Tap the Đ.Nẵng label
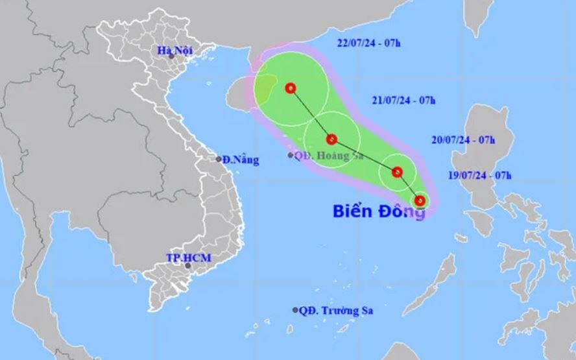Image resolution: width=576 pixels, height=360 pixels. [x=240, y=160]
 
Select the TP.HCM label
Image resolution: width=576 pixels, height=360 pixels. [x=190, y=258]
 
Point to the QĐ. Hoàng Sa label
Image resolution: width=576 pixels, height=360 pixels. [x=328, y=156]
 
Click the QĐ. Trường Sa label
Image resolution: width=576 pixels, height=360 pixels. [x=336, y=311]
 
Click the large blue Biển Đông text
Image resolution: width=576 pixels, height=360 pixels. [x=379, y=211]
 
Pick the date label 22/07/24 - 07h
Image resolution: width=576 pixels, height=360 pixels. [x=368, y=43]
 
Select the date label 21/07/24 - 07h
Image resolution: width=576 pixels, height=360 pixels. [x=403, y=100]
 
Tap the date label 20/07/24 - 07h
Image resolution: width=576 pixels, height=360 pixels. [x=463, y=139]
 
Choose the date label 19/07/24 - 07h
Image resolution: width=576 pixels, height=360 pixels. [x=480, y=175]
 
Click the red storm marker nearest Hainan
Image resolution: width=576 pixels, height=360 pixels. [x=291, y=88]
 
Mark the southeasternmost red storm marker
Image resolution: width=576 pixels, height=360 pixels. [x=420, y=201]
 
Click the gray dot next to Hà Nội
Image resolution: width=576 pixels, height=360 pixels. [x=171, y=56]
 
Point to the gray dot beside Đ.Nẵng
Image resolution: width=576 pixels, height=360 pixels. [x=219, y=159]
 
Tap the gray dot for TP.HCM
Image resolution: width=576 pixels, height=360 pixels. [x=188, y=265]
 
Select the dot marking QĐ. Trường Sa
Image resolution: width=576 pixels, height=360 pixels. [x=295, y=310]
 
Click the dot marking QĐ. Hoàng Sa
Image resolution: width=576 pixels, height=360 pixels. [x=290, y=155]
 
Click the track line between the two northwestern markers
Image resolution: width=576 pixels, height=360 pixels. [x=311, y=114]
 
